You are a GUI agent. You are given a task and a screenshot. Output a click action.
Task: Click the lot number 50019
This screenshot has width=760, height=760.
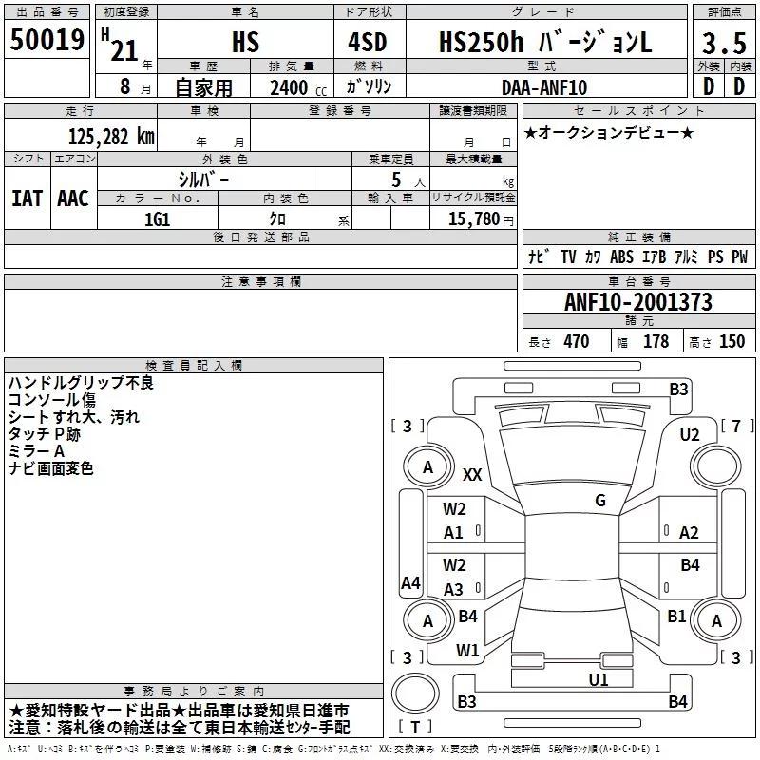[x=47, y=40]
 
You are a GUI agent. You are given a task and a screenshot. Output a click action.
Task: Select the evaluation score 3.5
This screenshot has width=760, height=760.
[x=724, y=43]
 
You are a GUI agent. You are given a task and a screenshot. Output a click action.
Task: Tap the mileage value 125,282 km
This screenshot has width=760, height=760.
[x=111, y=137]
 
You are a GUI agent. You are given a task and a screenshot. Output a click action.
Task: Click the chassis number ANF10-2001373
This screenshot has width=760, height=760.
[x=638, y=302]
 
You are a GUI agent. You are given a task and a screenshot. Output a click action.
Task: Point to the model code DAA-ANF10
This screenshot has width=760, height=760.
[x=544, y=87]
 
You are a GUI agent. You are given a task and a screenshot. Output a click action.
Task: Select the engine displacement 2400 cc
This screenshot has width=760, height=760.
[x=298, y=88]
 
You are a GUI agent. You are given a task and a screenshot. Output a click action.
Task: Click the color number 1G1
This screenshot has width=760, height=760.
[x=158, y=219]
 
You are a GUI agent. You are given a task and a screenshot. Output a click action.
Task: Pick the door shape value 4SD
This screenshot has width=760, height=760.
[x=368, y=42]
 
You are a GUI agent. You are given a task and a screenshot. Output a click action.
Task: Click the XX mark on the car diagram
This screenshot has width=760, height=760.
[x=472, y=474]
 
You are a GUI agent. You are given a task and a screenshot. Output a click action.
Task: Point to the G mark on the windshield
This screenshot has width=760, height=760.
[x=600, y=501]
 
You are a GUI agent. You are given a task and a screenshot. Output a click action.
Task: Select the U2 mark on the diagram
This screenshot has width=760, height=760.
[x=690, y=435]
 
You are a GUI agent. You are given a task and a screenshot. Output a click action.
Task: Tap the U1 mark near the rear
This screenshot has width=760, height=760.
[x=598, y=679]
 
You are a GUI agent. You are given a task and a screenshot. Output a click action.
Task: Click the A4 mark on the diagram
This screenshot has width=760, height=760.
[x=410, y=582]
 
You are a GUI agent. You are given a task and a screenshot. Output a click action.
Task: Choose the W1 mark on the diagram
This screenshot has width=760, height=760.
[x=467, y=651]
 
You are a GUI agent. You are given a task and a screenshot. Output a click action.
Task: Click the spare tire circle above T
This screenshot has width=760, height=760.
[x=415, y=693]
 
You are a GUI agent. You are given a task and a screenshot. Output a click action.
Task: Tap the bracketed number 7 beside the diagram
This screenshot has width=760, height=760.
[x=737, y=426]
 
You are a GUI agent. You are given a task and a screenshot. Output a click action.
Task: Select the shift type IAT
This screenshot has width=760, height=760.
[x=28, y=199]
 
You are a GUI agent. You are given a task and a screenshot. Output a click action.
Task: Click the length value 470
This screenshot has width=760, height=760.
[x=577, y=341]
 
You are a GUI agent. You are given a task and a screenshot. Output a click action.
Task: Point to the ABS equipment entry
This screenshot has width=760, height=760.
[x=621, y=256]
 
